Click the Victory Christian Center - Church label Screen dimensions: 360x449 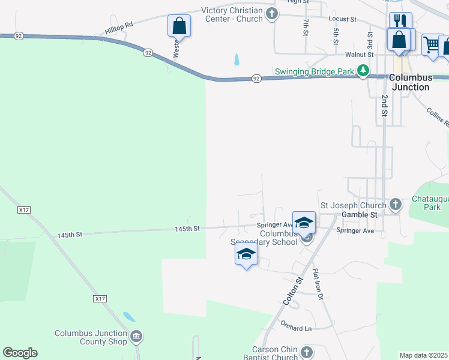pyautogui.click(x=232, y=15)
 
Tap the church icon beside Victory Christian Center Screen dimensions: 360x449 pyautogui.click(x=272, y=14)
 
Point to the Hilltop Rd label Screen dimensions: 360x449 pyautogui.click(x=118, y=26)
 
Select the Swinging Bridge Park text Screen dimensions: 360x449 pyautogui.click(x=315, y=71)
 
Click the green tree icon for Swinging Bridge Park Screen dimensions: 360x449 pyautogui.click(x=363, y=71)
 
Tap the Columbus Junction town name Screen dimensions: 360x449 pyautogui.click(x=410, y=82)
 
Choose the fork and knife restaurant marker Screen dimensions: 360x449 pyautogui.click(x=400, y=22)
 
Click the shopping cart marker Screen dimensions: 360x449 pyautogui.click(x=432, y=44)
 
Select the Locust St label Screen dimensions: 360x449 pyautogui.click(x=343, y=19)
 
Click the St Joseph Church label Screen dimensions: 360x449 pyautogui.click(x=353, y=205)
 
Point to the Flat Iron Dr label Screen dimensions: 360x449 pyautogui.click(x=318, y=284)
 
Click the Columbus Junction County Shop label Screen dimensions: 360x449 pyautogui.click(x=91, y=337)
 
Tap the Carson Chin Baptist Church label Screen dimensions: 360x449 pyautogui.click(x=268, y=353)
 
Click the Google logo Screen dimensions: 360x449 pyautogui.click(x=20, y=353)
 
